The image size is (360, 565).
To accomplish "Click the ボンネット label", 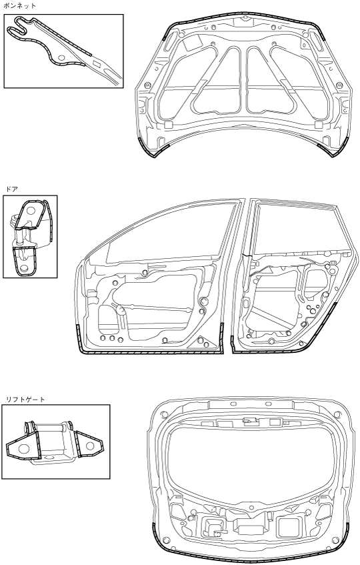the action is point(19,6).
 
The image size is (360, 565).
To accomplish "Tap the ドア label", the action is point(11,189).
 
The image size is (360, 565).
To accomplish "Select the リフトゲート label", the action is point(25,400).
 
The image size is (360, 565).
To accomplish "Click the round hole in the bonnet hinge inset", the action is point(61,57).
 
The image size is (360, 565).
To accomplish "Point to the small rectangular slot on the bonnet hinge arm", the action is point(97,64).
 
